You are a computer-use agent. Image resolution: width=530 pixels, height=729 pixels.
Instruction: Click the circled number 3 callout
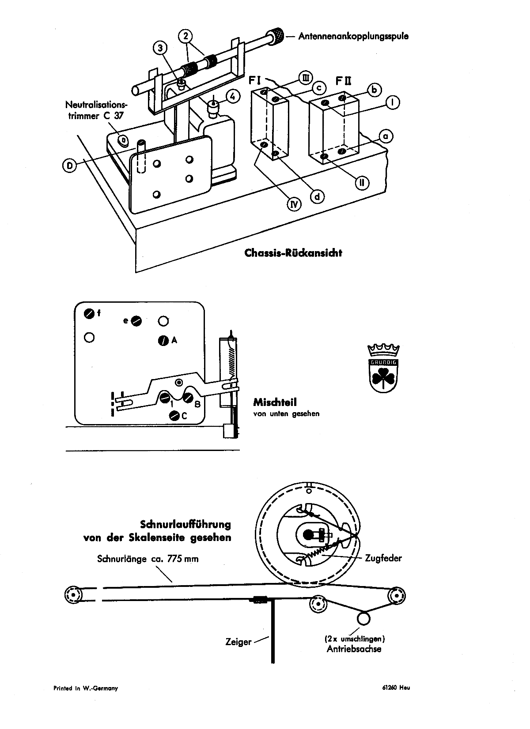[160, 48]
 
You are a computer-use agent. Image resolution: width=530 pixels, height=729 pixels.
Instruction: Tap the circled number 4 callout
[233, 97]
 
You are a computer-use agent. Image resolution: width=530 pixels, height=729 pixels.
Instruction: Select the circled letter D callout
[69, 165]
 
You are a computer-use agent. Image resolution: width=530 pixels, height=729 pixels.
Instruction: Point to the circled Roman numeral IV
[294, 204]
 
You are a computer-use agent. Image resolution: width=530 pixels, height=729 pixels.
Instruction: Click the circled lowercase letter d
[317, 196]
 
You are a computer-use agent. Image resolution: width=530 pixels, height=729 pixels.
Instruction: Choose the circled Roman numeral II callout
[362, 183]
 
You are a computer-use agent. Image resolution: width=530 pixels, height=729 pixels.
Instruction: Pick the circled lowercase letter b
[375, 90]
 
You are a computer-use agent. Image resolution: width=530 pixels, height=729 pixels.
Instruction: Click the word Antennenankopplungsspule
[353, 37]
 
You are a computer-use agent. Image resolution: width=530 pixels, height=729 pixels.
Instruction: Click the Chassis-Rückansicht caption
[293, 253]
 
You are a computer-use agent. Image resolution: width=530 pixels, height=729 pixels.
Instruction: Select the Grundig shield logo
[383, 368]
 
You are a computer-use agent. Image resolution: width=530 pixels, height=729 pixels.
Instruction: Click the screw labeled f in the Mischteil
[89, 313]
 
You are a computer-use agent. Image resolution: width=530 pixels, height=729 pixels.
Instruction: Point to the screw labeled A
[163, 340]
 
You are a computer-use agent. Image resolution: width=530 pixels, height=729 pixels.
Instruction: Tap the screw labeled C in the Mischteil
[174, 416]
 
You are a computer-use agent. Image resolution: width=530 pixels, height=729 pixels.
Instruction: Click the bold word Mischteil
[275, 402]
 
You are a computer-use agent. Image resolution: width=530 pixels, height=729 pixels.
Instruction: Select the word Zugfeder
[383, 558]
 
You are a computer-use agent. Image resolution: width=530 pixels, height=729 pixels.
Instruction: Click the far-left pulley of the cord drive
[73, 595]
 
